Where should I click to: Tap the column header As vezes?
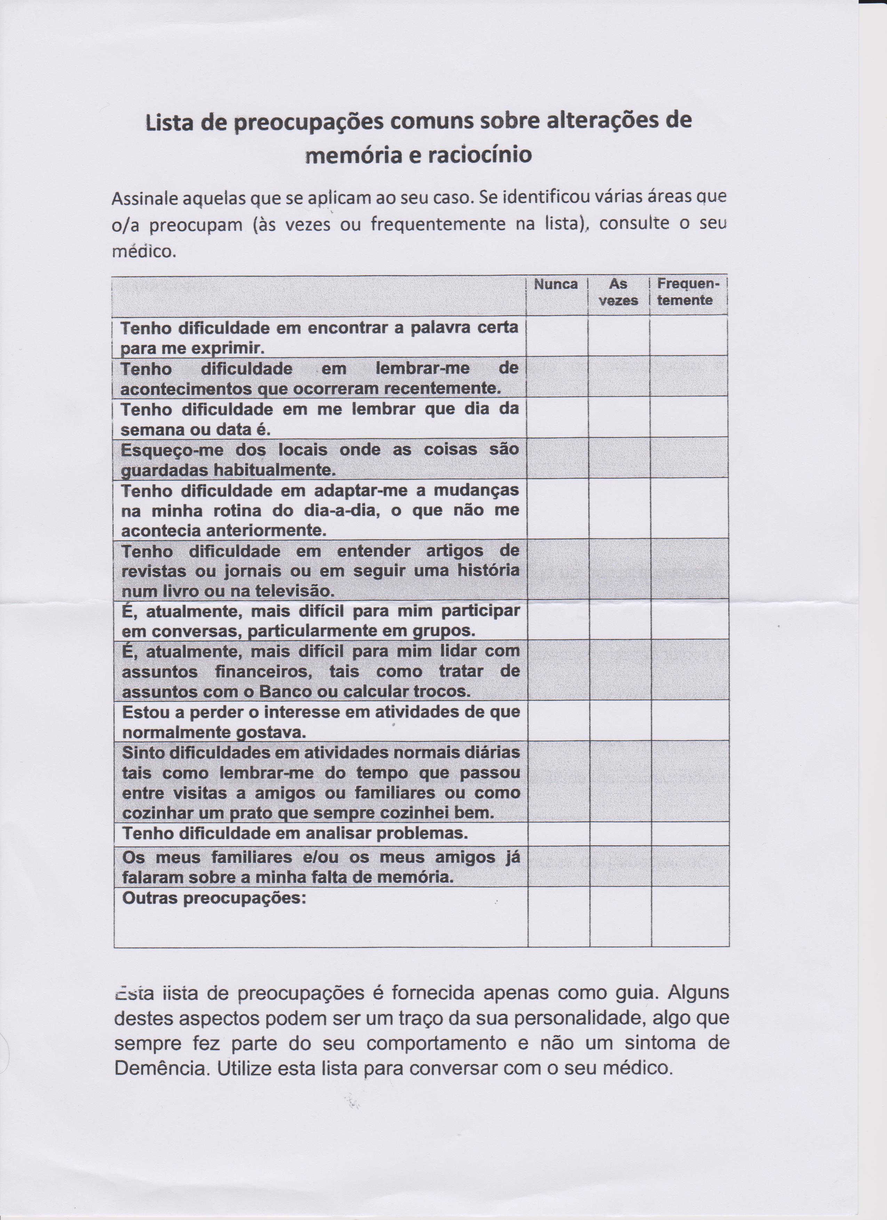pyautogui.click(x=618, y=292)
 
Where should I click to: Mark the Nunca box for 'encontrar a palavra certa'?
pyautogui.click(x=557, y=336)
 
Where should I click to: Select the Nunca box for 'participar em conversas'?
pyautogui.click(x=558, y=620)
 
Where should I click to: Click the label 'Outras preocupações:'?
pyautogui.click(x=214, y=898)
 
